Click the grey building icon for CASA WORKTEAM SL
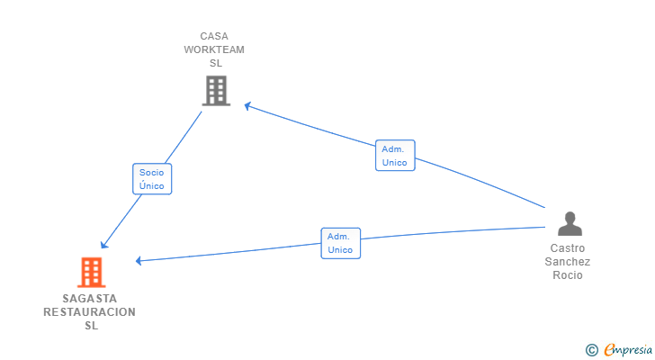(x=216, y=91)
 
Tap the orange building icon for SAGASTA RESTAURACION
(x=92, y=273)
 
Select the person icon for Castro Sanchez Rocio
(x=570, y=224)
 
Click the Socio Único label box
(x=152, y=179)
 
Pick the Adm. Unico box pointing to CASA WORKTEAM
(x=395, y=156)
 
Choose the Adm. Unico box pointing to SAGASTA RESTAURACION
(x=340, y=243)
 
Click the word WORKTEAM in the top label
(x=214, y=49)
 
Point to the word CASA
(x=214, y=36)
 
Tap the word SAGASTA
(x=90, y=299)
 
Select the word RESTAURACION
(x=89, y=312)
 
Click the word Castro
(x=567, y=248)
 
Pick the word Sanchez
(x=567, y=262)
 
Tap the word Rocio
(x=567, y=275)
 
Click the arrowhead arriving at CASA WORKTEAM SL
(x=247, y=106)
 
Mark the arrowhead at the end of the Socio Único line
(x=104, y=245)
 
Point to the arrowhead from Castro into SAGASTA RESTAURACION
(x=139, y=261)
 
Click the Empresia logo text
(x=628, y=350)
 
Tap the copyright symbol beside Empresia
(x=591, y=350)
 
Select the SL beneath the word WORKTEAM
(x=216, y=63)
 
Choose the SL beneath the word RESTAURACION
(x=92, y=326)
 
